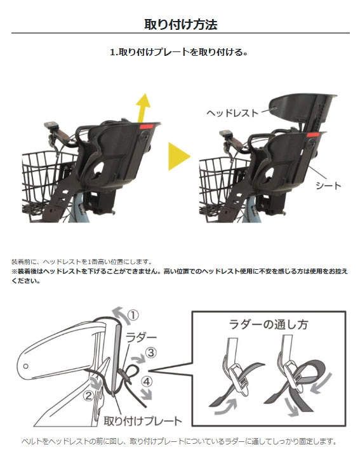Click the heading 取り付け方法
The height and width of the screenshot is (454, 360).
(x=181, y=24)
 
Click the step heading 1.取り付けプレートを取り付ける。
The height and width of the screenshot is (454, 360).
(x=179, y=53)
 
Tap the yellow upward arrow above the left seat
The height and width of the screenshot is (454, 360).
(x=142, y=108)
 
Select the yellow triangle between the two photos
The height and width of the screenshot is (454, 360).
(x=179, y=156)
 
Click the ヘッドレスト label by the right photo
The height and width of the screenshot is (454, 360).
(x=232, y=113)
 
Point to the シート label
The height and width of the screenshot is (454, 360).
(x=328, y=185)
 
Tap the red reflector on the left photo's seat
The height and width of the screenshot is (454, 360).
(x=147, y=126)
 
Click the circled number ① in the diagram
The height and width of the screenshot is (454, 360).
(x=133, y=316)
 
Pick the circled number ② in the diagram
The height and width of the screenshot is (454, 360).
(x=88, y=395)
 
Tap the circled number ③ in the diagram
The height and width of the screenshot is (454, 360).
(x=151, y=353)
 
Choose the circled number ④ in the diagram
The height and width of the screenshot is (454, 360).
(x=147, y=382)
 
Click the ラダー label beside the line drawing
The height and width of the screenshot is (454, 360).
(x=141, y=337)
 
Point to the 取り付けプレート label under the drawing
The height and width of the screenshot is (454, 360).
(x=142, y=421)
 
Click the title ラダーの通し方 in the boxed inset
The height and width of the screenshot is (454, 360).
(x=268, y=324)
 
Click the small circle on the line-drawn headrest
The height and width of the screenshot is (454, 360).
(x=26, y=366)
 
